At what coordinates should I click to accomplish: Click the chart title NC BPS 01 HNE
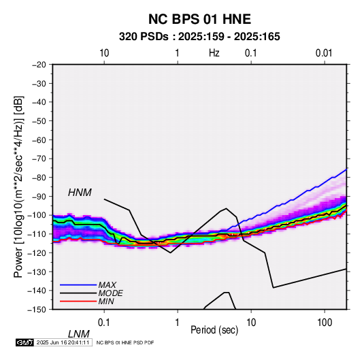tap(199, 19)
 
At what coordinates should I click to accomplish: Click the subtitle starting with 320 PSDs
tap(199, 37)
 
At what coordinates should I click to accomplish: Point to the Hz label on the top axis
tap(214, 53)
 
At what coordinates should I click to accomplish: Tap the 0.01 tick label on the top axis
tap(324, 53)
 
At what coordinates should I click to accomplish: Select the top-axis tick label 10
tap(104, 53)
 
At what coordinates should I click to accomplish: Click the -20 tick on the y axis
tap(39, 65)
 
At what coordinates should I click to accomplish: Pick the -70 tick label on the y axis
tap(39, 159)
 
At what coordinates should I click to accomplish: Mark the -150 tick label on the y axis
tap(37, 310)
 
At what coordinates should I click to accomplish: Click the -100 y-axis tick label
tap(37, 215)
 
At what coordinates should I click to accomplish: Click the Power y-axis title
tap(18, 186)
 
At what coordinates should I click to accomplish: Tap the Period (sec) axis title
tap(214, 330)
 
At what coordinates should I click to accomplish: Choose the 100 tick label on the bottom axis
tap(325, 323)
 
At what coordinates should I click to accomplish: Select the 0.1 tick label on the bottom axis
tap(103, 323)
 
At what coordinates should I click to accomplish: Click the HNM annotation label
tap(80, 193)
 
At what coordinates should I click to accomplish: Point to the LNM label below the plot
tap(78, 334)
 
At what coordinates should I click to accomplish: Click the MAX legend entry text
tap(107, 285)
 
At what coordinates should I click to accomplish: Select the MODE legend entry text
tap(110, 293)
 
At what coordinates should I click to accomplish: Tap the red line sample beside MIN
tap(78, 301)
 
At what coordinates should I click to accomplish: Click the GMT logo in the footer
tap(25, 342)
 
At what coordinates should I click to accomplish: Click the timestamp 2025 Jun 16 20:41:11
tap(63, 342)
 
